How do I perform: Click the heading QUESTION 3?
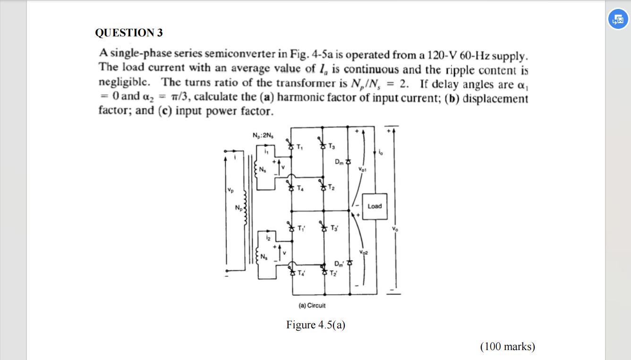click(128, 33)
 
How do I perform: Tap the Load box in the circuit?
click(375, 206)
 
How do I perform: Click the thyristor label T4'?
click(301, 273)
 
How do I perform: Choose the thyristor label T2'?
click(333, 273)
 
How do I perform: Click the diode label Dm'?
click(339, 263)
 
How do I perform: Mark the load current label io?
click(381, 153)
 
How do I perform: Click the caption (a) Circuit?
click(312, 306)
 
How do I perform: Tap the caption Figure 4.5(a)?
click(315, 325)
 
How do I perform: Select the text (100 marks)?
click(507, 347)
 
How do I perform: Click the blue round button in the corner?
click(618, 19)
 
